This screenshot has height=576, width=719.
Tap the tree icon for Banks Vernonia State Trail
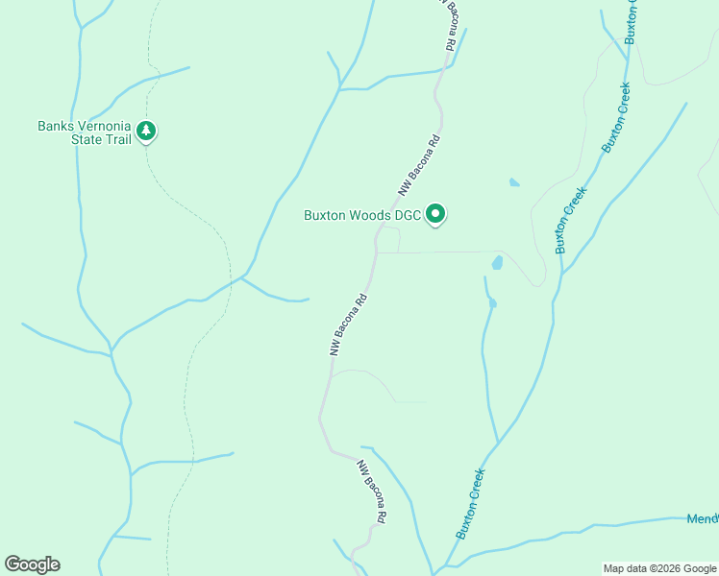[x=146, y=131]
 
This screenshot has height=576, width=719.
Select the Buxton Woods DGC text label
[x=362, y=215]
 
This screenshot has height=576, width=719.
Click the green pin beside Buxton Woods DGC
[x=435, y=214]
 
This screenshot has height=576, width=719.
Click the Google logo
[x=32, y=564]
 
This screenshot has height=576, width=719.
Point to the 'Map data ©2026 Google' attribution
[x=659, y=568]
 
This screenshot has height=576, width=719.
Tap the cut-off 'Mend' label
[x=703, y=519]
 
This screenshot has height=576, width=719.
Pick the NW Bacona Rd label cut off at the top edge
[x=448, y=24]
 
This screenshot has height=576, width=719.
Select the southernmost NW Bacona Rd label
[x=372, y=492]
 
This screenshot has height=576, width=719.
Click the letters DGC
[x=409, y=215]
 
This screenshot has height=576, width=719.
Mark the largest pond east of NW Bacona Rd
[x=497, y=262]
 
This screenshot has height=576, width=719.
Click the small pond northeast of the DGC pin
[x=514, y=181]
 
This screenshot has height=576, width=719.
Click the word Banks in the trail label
[x=55, y=126]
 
